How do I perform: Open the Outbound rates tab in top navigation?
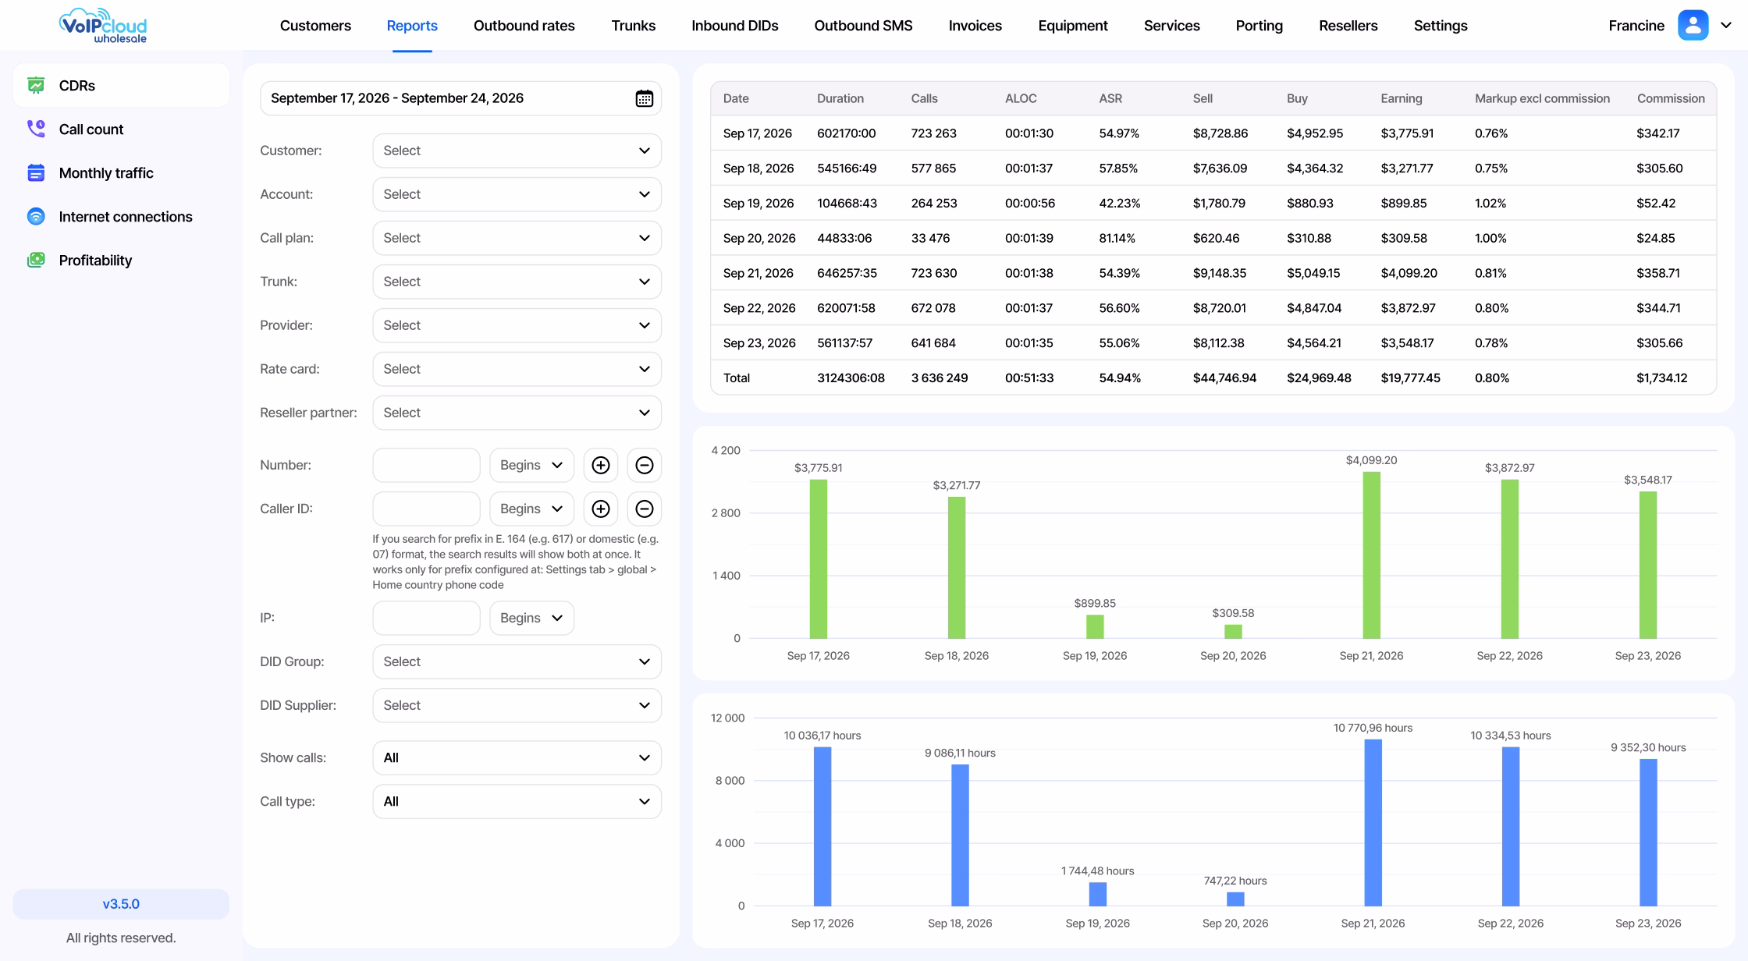coord(524,26)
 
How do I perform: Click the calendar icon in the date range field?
coord(644,98)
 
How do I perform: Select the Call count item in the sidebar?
coord(91,129)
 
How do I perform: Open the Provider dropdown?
coord(517,325)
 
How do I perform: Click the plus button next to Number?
coord(600,465)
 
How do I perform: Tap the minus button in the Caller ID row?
coord(644,509)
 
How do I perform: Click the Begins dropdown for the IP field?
coord(531,618)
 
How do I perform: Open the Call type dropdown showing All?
coord(517,801)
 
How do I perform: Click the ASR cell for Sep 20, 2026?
coord(1117,238)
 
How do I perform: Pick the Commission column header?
coord(1670,98)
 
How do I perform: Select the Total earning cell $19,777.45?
coord(1410,378)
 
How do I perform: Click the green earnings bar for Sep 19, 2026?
coord(1095,626)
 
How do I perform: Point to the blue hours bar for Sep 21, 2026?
coord(1373,822)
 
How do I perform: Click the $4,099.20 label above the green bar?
coord(1371,460)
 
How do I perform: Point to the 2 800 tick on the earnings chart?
coord(726,513)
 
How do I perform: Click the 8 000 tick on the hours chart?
coord(730,781)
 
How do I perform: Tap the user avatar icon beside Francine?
coord(1693,25)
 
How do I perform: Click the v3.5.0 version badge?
coord(121,904)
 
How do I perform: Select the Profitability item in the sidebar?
coord(95,261)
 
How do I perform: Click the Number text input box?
coord(426,465)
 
